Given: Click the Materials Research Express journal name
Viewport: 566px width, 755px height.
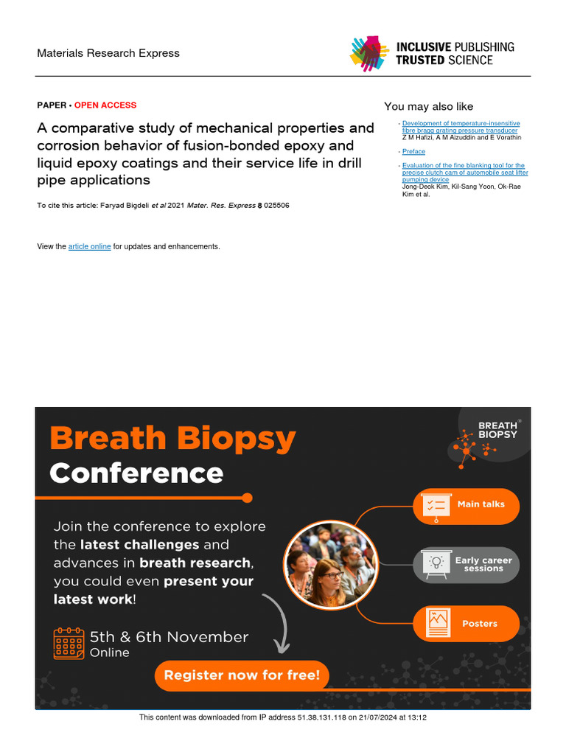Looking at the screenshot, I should (108, 53).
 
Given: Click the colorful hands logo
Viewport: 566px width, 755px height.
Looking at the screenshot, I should (368, 54).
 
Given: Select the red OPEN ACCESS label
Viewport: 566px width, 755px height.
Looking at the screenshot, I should (105, 105).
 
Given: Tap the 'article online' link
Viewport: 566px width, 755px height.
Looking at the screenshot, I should (89, 246).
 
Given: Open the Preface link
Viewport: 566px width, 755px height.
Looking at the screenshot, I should (413, 152).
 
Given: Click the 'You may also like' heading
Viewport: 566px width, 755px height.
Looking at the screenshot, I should (428, 107).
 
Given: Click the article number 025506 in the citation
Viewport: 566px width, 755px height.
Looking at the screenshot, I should (277, 206).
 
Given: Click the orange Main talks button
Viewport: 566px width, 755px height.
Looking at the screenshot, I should (466, 505).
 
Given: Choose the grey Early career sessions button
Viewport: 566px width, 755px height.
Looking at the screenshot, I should (466, 565).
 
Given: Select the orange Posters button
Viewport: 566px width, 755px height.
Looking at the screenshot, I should (466, 624).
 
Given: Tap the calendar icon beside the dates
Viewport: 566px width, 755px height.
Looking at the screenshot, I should (69, 643).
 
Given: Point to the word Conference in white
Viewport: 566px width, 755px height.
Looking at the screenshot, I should (136, 473).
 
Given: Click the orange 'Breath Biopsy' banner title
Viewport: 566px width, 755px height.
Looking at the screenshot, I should (172, 439).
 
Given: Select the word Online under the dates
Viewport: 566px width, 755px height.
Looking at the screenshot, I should (110, 653).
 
